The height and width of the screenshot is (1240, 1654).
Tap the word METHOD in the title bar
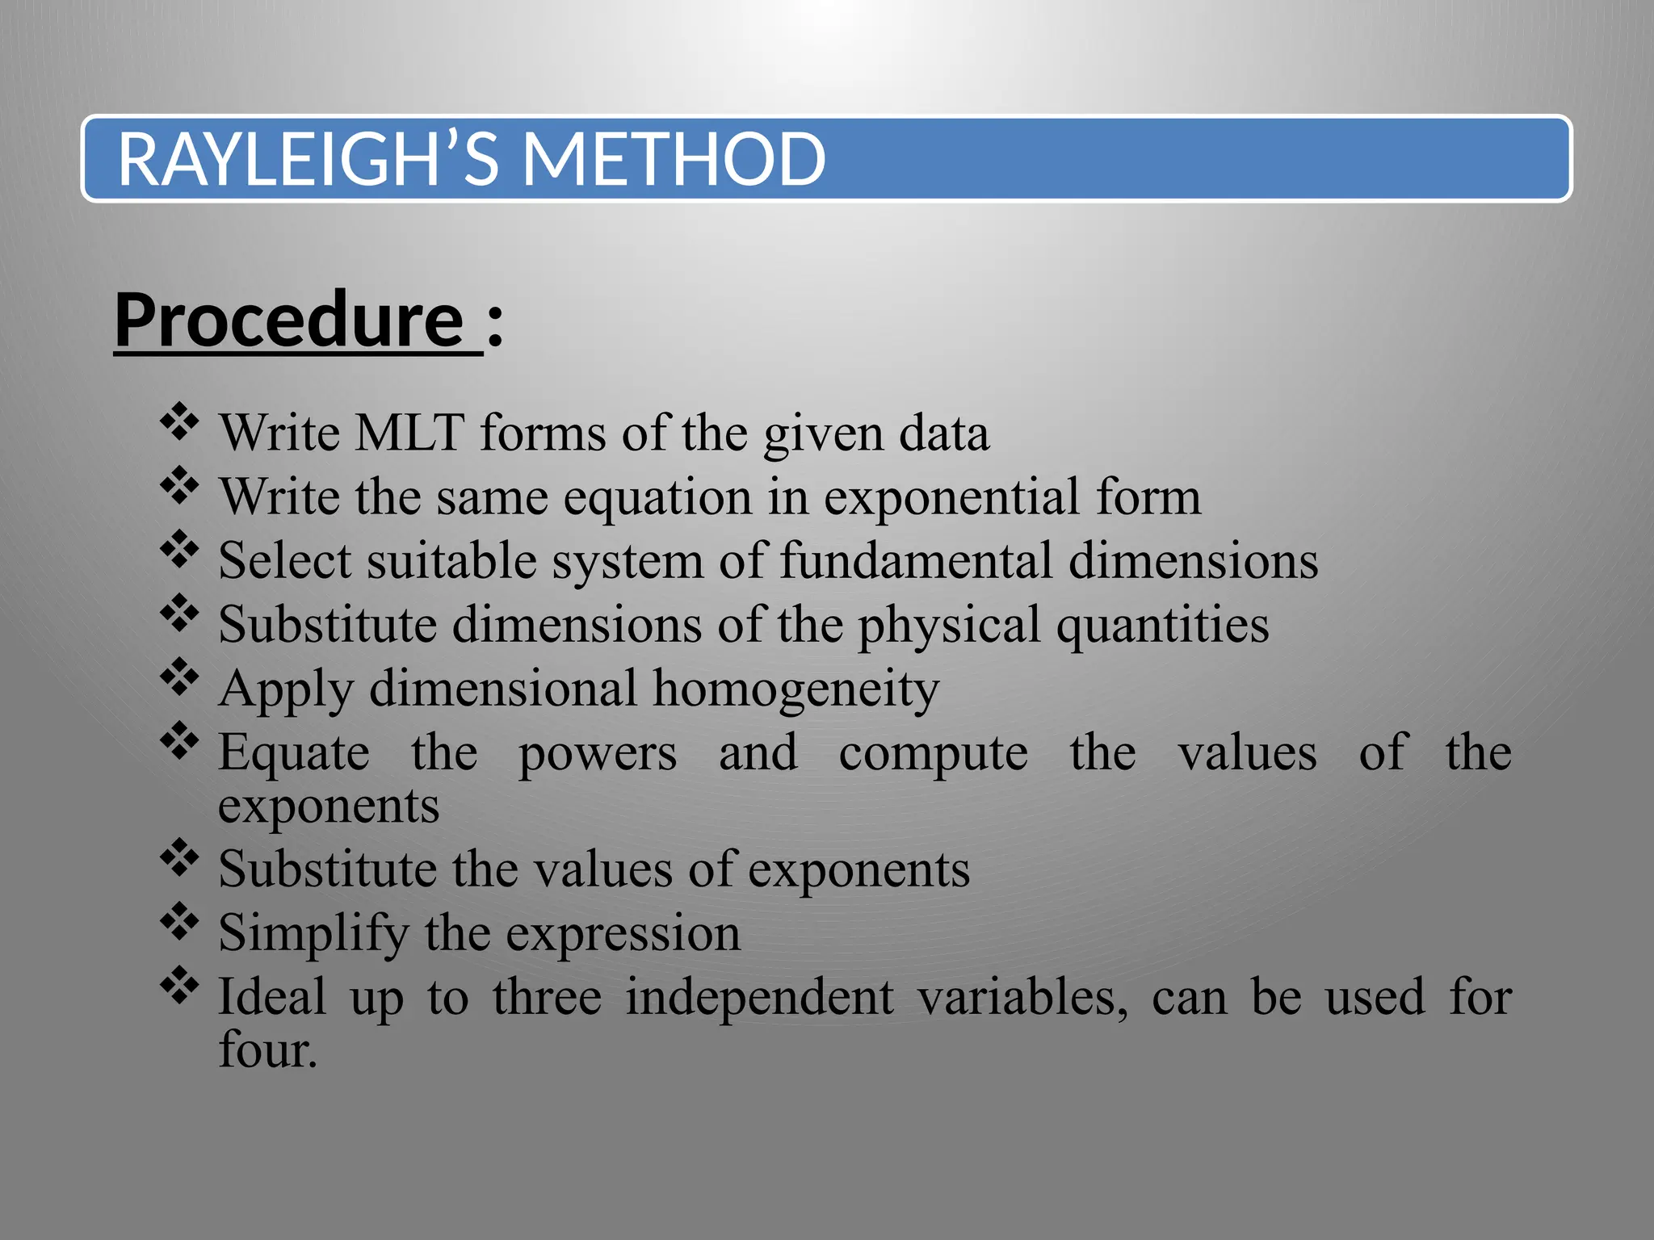pyautogui.click(x=674, y=159)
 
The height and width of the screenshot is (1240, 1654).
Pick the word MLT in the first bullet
pyautogui.click(x=409, y=433)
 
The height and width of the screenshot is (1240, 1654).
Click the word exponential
pyautogui.click(x=951, y=497)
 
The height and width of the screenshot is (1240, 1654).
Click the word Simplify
pyautogui.click(x=313, y=934)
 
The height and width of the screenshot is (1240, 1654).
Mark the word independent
pyautogui.click(x=759, y=997)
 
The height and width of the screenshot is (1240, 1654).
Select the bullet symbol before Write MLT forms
pyautogui.click(x=179, y=421)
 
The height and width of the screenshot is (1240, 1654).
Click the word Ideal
pyautogui.click(x=272, y=997)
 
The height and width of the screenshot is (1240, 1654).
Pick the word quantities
pyautogui.click(x=1162, y=626)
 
